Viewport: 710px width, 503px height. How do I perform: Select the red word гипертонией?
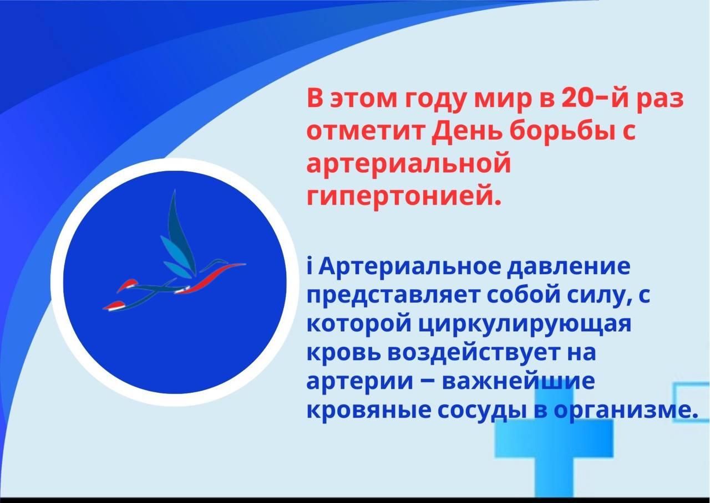(404, 197)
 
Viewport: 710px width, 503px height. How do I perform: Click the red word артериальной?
(408, 164)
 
